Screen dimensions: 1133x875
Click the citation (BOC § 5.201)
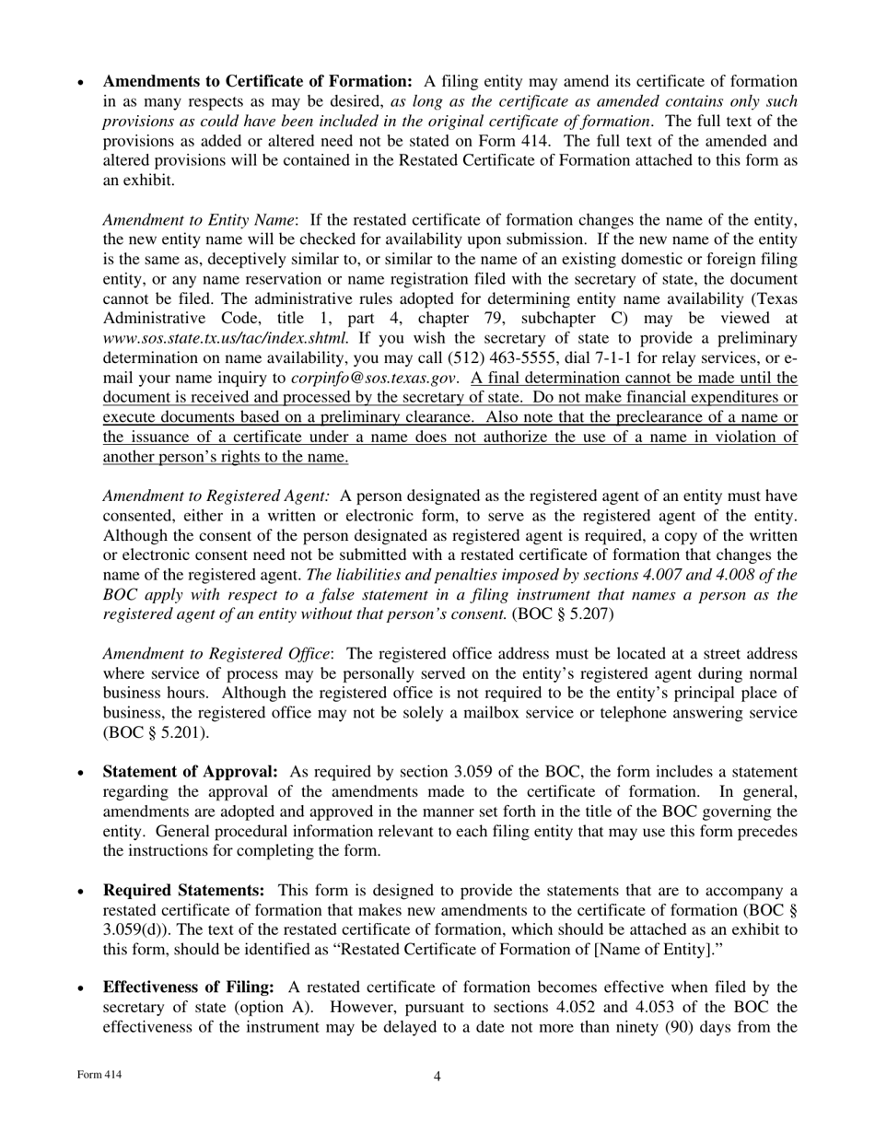[x=156, y=733]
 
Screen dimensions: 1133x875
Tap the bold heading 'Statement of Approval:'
[x=190, y=772]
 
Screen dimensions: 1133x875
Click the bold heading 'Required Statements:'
[x=183, y=890]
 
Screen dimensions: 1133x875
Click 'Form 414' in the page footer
[x=99, y=1075]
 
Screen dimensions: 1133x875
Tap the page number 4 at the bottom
[x=437, y=1077]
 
